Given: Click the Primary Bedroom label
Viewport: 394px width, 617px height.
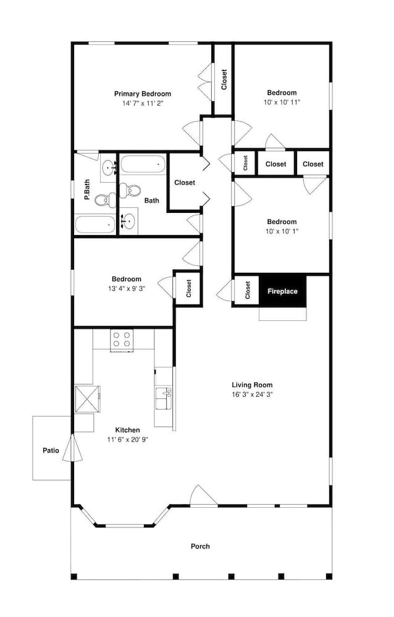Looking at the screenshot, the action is [x=143, y=94].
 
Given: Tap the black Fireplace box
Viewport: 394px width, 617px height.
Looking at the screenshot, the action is [x=282, y=291].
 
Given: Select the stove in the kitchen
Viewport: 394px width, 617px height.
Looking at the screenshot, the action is [x=122, y=339].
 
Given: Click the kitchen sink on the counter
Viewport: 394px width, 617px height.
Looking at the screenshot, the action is [x=164, y=398].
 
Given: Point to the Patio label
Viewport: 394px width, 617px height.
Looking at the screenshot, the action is [x=51, y=450].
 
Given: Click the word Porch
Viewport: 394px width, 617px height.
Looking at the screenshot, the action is [x=200, y=546].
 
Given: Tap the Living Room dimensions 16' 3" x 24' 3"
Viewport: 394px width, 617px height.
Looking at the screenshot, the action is [x=252, y=394].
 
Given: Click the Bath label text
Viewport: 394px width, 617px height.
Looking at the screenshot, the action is [x=152, y=201].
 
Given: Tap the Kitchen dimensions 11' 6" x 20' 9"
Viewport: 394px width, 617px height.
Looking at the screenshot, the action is [x=128, y=439].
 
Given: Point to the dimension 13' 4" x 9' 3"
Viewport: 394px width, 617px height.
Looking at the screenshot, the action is [x=127, y=288].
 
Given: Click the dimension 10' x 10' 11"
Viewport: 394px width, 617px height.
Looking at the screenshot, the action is [x=282, y=102].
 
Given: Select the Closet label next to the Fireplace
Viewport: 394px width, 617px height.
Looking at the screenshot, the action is [x=248, y=290].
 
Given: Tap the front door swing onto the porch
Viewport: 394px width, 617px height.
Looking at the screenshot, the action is [x=203, y=495].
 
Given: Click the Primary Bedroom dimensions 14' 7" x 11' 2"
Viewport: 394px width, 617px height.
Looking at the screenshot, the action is [x=143, y=104].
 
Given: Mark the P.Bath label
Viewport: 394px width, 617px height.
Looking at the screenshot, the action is [x=86, y=189].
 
